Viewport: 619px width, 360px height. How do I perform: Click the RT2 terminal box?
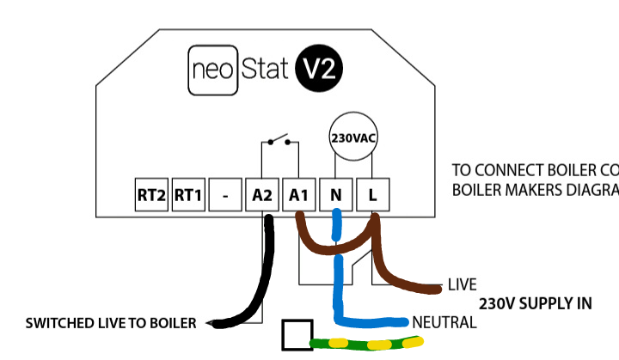coord(151,195)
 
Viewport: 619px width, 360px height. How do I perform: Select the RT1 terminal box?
coord(187,195)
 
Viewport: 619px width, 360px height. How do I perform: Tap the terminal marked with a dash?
coord(224,195)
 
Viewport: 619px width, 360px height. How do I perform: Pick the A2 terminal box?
coord(262,195)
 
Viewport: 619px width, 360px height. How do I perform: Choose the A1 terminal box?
coord(298,195)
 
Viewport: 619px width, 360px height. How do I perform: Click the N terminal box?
coord(334,195)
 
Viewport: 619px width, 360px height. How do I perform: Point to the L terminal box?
coord(371,195)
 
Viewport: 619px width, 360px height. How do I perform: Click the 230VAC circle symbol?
coord(353,137)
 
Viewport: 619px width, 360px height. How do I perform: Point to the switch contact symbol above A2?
coord(279,141)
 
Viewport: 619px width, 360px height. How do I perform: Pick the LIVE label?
coord(463,284)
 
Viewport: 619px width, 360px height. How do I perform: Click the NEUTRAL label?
coord(444,322)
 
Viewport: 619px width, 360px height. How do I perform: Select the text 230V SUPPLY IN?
coord(536,304)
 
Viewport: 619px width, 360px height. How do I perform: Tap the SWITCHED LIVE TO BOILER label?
coord(111,323)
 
